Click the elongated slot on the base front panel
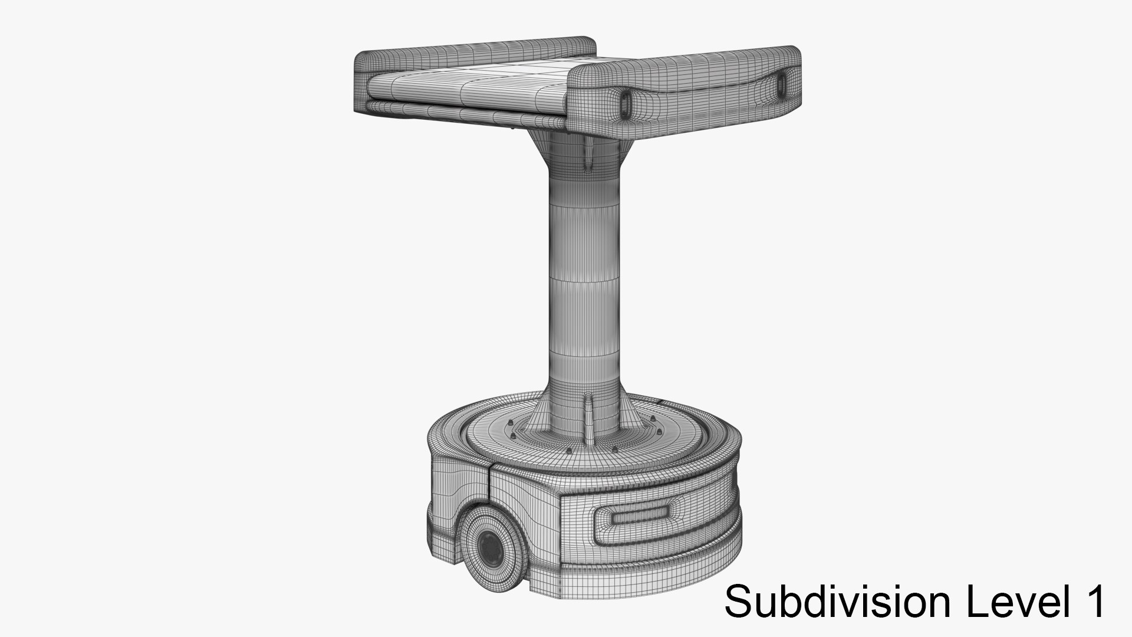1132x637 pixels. (639, 518)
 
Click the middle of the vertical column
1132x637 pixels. (584, 283)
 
